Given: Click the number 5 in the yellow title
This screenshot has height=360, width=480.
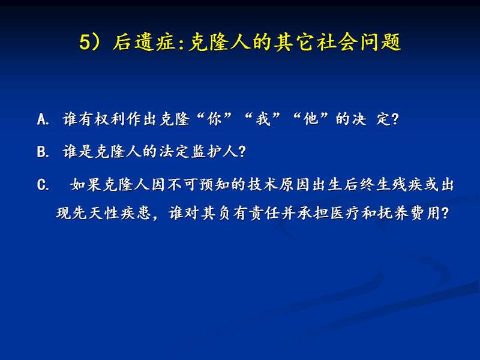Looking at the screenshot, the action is [85, 41].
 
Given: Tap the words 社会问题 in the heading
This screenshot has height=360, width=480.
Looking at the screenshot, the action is [359, 41].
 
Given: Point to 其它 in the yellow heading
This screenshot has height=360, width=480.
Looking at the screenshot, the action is [294, 41].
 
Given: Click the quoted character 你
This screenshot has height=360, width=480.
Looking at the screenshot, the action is [214, 119].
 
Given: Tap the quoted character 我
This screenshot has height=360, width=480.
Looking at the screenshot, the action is [263, 119].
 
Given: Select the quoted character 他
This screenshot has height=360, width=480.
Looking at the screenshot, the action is [311, 119].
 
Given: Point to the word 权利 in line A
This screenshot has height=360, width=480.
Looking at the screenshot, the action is [110, 119].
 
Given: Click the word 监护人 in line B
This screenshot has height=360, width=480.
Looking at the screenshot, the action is [214, 152].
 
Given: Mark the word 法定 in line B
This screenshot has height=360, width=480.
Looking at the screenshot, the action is [174, 152].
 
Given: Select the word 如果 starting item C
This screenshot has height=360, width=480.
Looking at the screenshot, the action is [86, 185].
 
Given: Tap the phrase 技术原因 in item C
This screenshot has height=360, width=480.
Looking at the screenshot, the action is [279, 185].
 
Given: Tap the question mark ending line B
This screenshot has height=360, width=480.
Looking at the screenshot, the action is [242, 152].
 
